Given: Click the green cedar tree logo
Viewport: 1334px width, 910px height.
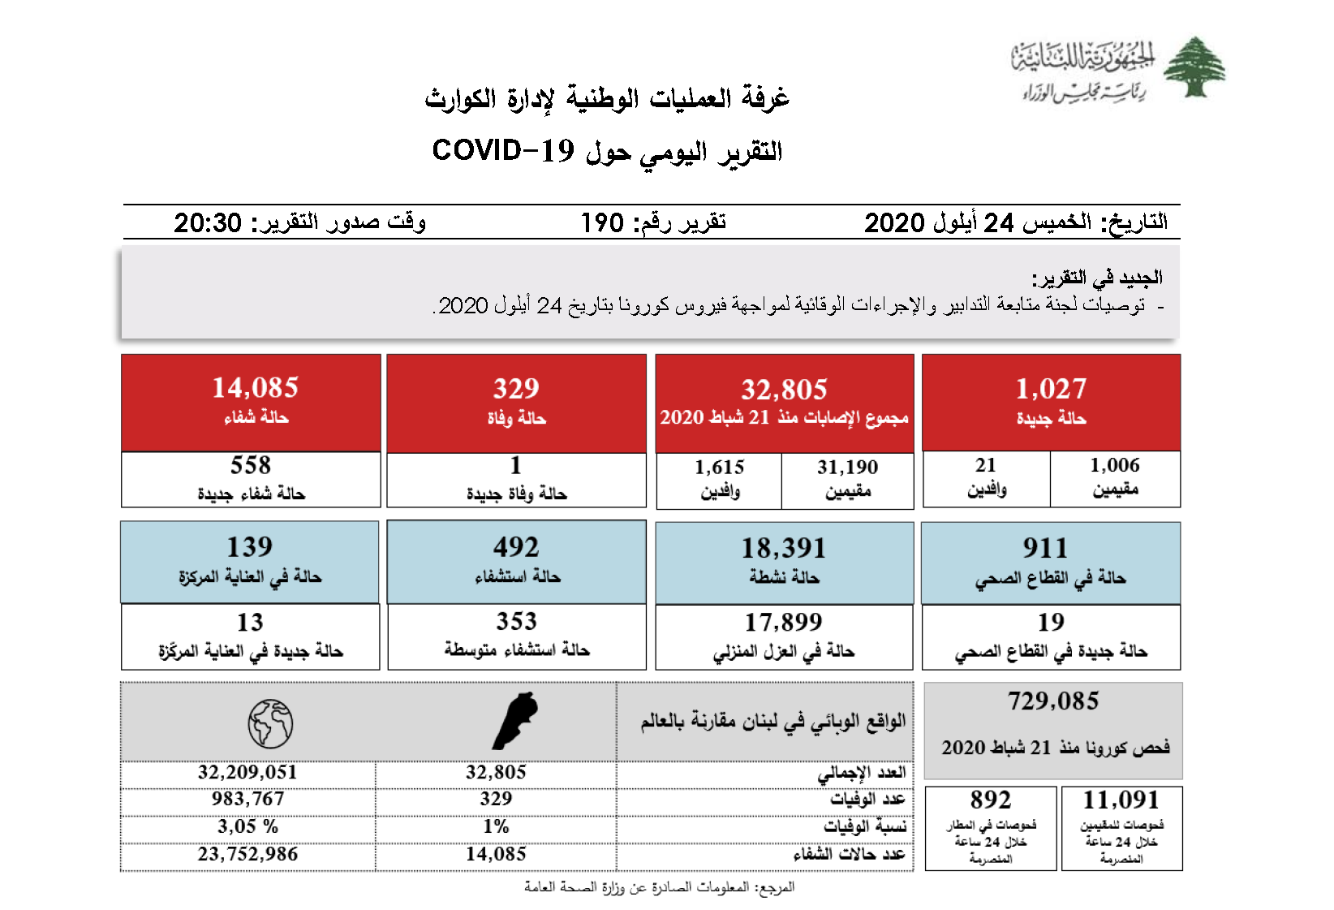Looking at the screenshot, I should pos(1194,67).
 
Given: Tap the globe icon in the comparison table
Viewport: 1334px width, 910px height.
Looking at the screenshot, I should pos(270,723).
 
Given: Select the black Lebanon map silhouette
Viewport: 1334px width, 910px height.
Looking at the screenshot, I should pos(515,721).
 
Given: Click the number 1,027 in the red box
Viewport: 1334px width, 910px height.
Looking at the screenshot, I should pos(1051,389).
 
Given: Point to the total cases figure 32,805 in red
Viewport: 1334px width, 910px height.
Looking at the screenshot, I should pos(784,390).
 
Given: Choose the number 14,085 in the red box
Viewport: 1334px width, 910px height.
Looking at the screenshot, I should pos(256,388).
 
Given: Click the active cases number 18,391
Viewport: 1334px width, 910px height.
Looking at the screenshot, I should pos(784,548).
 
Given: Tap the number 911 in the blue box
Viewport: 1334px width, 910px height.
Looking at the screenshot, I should pos(1045,548).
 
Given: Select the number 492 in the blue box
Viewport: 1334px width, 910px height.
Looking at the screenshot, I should pos(516,547).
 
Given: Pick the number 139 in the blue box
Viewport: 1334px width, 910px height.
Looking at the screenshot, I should pos(250,546).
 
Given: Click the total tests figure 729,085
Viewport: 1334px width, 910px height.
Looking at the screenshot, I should pos(1053,701).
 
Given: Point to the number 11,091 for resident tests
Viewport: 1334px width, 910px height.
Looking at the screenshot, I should pos(1121,800).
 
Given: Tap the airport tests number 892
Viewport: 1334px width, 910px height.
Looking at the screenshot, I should pos(991,800).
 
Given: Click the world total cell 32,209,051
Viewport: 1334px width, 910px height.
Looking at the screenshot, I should pos(247,772).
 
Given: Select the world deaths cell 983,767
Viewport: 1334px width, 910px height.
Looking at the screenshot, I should pos(247,799).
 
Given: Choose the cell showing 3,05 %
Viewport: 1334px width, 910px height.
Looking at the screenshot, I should pos(247,826).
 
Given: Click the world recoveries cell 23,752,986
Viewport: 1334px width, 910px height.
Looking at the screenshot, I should pos(247,854).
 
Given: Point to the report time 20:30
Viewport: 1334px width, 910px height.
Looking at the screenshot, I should pos(208,222).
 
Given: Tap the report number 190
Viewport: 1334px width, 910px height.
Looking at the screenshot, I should pos(602,222).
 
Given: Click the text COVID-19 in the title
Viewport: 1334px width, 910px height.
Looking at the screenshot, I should pos(503,151).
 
